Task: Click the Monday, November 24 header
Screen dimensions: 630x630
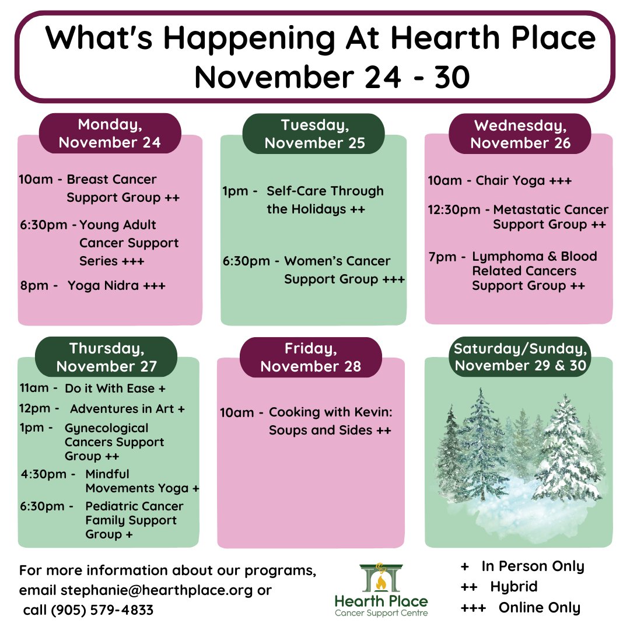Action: [110, 134]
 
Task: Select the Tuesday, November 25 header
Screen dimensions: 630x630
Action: [314, 134]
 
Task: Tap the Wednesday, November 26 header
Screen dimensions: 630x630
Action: [520, 134]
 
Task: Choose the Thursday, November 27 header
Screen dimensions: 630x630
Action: [107, 357]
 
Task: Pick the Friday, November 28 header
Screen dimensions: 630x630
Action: [310, 357]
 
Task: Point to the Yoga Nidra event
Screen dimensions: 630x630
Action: [116, 286]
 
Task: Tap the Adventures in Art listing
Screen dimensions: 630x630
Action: [127, 409]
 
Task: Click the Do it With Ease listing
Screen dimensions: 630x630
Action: [123, 388]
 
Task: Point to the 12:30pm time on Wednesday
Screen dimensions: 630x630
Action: [454, 210]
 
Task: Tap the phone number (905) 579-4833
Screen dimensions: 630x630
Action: [102, 610]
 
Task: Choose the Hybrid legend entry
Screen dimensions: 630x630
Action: [513, 586]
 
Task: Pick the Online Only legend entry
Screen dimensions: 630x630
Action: [539, 607]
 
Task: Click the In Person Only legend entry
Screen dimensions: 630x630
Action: [532, 566]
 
